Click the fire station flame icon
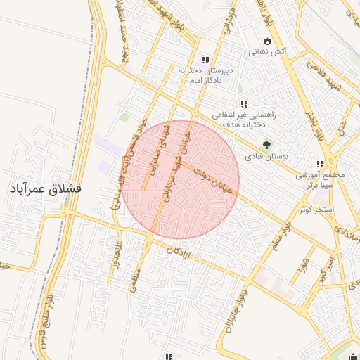tap(267, 40)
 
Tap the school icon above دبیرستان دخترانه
tap(205, 60)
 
